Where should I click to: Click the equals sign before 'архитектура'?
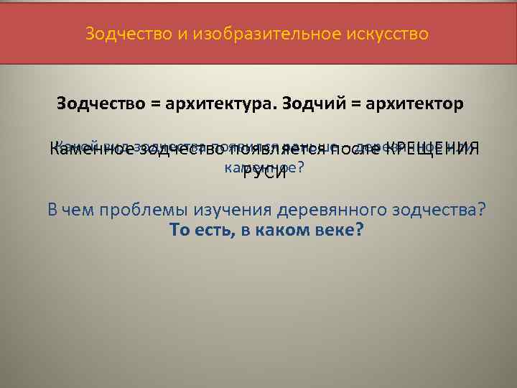point(155,104)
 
